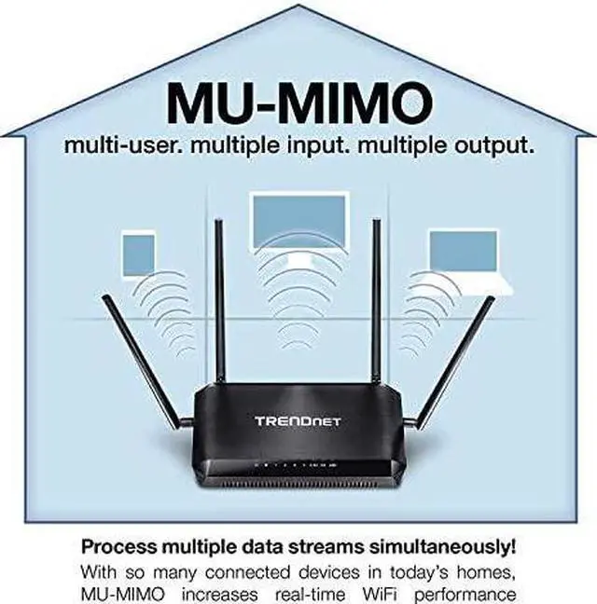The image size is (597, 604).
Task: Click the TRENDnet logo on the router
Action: click(x=298, y=421)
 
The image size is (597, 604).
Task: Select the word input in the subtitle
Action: click(x=347, y=146)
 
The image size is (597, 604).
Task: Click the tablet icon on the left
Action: click(x=138, y=254)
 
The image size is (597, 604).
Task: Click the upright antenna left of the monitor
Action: click(x=219, y=298)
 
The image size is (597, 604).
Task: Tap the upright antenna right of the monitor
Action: click(x=378, y=298)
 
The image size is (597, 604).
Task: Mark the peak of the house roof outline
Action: click(x=299, y=7)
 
